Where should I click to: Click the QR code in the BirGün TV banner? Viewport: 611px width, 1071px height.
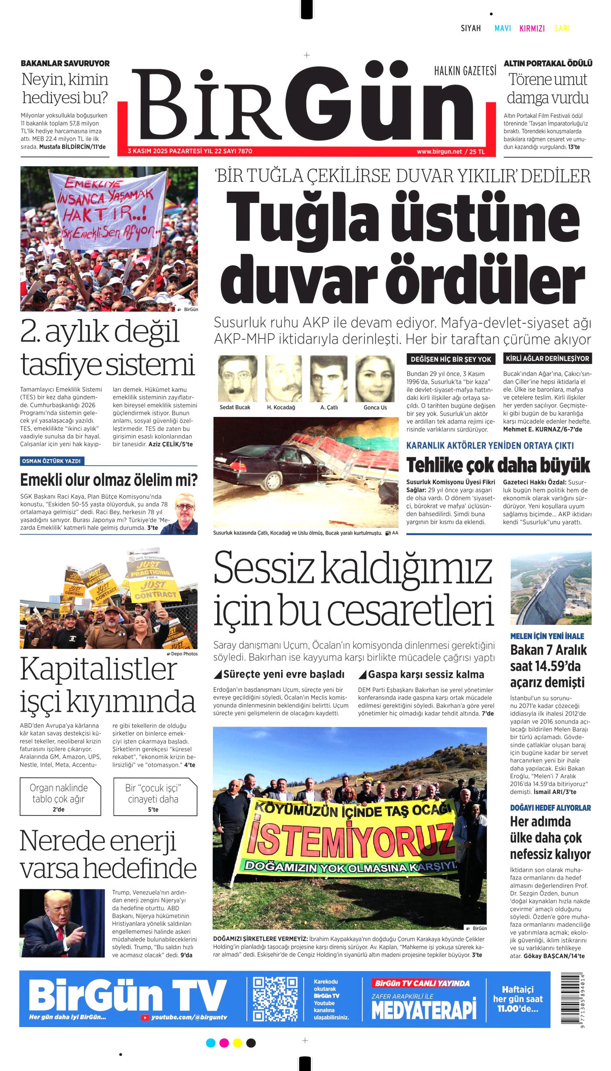pos(275,1000)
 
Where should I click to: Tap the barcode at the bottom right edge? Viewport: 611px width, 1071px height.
pos(572,1000)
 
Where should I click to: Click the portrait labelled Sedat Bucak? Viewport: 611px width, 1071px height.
pos(237,379)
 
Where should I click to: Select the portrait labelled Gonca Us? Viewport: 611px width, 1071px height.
pos(375,379)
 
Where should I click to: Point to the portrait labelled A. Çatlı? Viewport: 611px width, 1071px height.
pos(329,379)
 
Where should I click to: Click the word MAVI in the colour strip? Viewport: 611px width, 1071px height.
pos(503,29)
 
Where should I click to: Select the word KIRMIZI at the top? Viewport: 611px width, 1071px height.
pos(532,29)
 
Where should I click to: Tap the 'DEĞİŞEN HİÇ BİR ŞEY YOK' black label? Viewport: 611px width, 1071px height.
pos(451,359)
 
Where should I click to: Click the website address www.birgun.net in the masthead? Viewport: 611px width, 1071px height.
pos(439,151)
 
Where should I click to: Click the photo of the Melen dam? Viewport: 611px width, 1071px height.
pos(550,588)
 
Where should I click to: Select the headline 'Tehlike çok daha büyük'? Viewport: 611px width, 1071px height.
pos(498,465)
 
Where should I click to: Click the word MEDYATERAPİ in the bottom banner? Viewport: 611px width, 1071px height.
pos(423,1010)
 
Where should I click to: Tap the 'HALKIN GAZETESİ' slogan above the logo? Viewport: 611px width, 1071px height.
pos(464,71)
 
